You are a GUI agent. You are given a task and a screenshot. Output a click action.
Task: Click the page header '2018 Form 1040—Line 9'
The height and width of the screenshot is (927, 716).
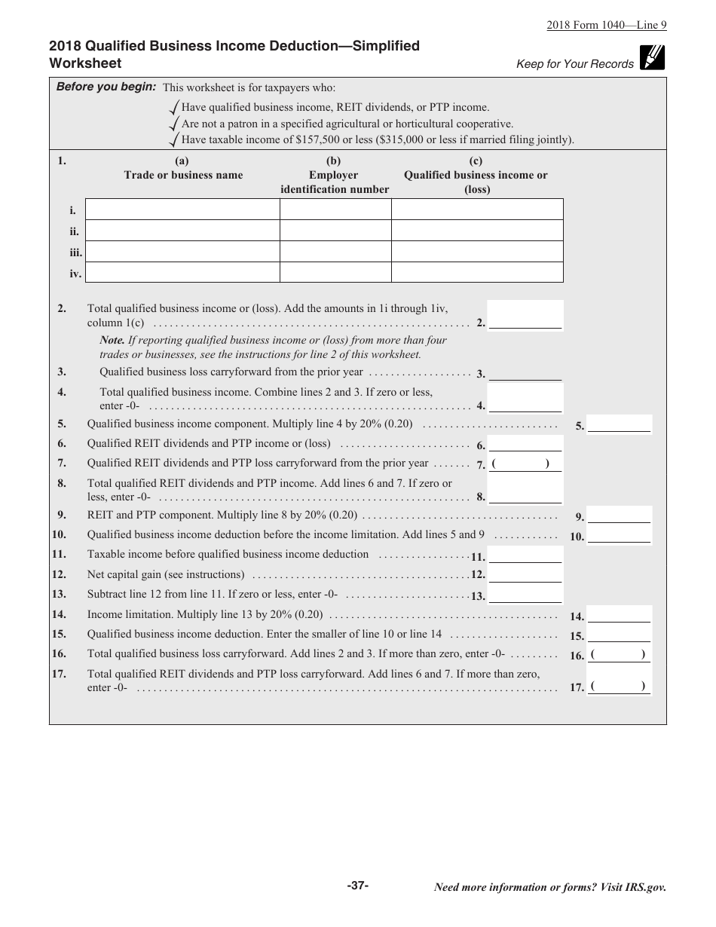(x=607, y=25)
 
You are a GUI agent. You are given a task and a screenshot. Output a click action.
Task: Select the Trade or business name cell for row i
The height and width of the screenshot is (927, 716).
(x=182, y=210)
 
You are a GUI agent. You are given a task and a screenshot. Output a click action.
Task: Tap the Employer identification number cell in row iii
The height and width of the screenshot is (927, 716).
(x=335, y=252)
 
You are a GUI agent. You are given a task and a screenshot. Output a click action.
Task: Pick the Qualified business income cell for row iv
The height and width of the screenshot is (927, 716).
(x=477, y=273)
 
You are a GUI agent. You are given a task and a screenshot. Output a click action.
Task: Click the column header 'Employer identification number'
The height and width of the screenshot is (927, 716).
(x=335, y=175)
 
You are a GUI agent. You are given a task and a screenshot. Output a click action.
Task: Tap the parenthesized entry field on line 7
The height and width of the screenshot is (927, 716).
(x=525, y=464)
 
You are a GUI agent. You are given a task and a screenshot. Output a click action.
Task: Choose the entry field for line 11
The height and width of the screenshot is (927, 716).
(x=525, y=556)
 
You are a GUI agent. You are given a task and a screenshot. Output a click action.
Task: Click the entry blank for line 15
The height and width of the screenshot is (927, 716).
(x=619, y=635)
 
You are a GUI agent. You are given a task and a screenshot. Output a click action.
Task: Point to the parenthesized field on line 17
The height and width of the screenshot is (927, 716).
(x=619, y=687)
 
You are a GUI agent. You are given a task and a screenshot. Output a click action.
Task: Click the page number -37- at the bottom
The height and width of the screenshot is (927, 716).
(x=358, y=886)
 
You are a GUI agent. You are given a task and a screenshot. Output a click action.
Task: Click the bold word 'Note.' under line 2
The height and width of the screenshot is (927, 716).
(x=112, y=340)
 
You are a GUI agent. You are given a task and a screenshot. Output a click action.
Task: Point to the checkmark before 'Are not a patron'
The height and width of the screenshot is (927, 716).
(x=175, y=123)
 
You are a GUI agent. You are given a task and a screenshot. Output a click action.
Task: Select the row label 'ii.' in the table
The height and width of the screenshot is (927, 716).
(x=75, y=231)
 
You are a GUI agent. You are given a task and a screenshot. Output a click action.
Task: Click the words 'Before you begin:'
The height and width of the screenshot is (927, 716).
(x=106, y=87)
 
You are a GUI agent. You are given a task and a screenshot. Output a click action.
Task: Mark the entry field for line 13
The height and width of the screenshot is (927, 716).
(x=525, y=595)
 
